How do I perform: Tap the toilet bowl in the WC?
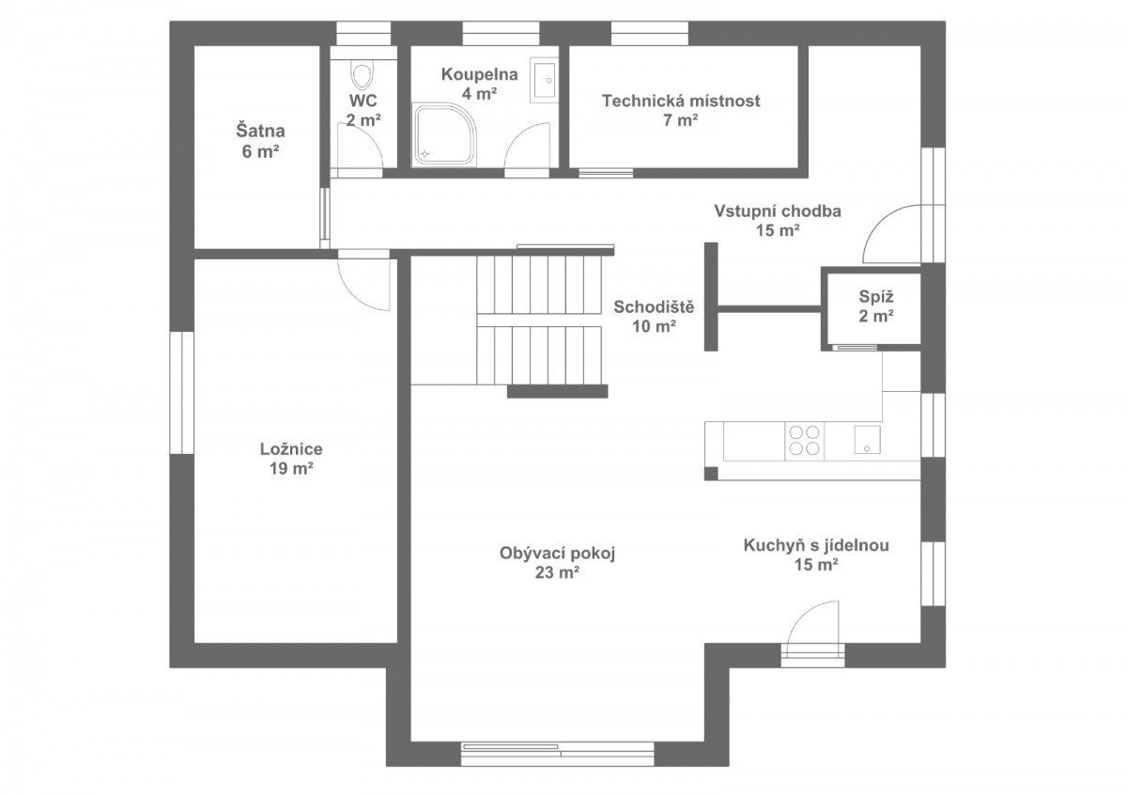[x=363, y=76]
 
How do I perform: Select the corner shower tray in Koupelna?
[x=444, y=134]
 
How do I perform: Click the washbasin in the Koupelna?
[x=544, y=80]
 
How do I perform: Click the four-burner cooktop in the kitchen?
[x=804, y=441]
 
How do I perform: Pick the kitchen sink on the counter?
[x=867, y=440]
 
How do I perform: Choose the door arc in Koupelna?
[x=518, y=137]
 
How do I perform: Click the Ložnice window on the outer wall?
[x=181, y=392]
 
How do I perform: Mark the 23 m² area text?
[x=556, y=572]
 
